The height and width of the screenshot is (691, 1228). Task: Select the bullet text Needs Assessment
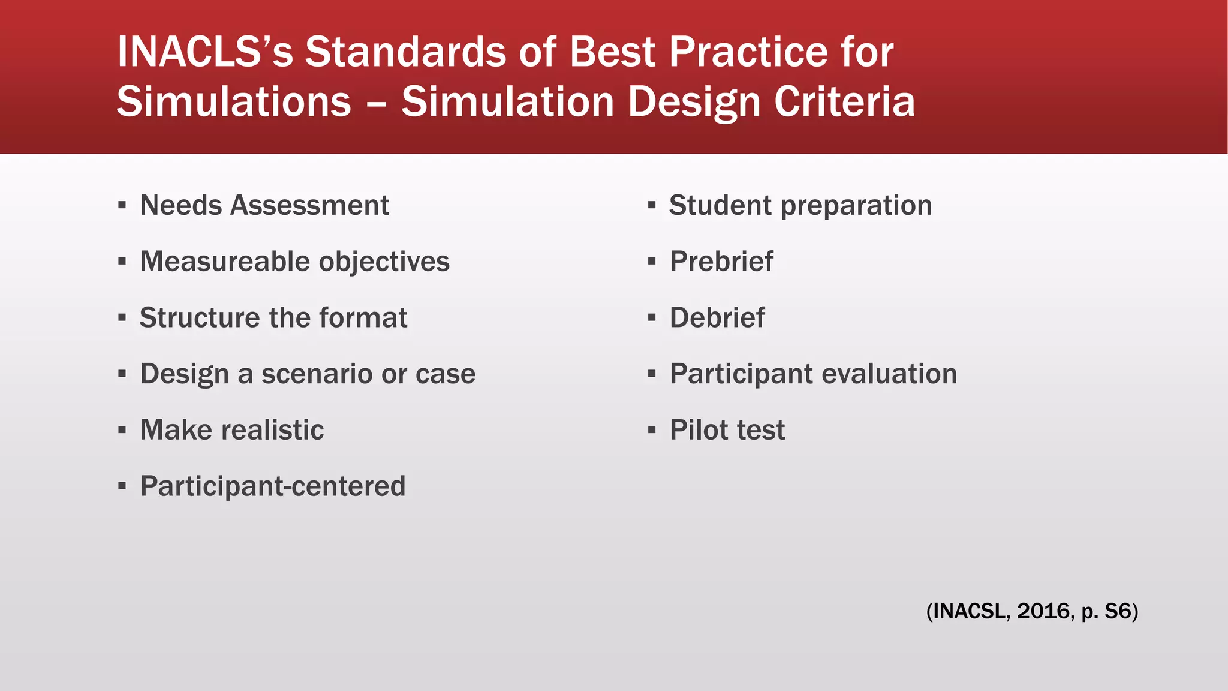pyautogui.click(x=264, y=205)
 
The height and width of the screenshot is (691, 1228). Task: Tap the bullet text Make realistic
pyautogui.click(x=232, y=430)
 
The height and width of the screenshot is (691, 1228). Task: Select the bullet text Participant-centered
pyautogui.click(x=273, y=486)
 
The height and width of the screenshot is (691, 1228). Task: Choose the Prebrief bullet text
pyautogui.click(x=721, y=262)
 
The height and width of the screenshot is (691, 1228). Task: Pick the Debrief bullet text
pyautogui.click(x=717, y=317)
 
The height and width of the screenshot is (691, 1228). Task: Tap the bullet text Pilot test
pyautogui.click(x=727, y=430)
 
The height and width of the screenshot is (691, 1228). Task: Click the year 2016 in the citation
pyautogui.click(x=1043, y=611)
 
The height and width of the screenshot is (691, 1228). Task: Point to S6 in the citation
pyautogui.click(x=1118, y=611)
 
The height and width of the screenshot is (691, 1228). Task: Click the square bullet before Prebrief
pyautogui.click(x=652, y=262)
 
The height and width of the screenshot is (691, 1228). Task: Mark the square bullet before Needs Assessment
pyautogui.click(x=122, y=205)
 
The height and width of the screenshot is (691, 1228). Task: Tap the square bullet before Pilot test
pyautogui.click(x=652, y=430)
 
